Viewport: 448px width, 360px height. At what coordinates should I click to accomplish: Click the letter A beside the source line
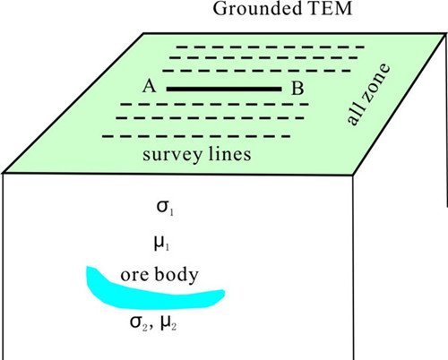point(150,86)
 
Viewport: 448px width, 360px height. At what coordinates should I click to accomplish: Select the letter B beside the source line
point(297,89)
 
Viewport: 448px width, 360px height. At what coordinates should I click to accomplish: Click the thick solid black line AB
point(224,89)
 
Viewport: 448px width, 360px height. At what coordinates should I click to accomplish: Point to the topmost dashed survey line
point(271,47)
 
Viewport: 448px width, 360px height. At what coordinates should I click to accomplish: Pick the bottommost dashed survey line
point(196,137)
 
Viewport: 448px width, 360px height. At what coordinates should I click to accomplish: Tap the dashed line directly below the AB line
point(214,105)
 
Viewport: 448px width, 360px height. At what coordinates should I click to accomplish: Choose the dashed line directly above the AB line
point(257,71)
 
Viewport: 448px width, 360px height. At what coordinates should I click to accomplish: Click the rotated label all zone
point(368,94)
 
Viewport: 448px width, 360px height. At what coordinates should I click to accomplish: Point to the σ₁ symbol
point(165,207)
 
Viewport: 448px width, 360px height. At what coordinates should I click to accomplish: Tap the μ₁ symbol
point(161,243)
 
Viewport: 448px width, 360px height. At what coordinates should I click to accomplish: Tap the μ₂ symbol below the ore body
point(168,322)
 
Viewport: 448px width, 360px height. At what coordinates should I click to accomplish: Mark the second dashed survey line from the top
point(263,57)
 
